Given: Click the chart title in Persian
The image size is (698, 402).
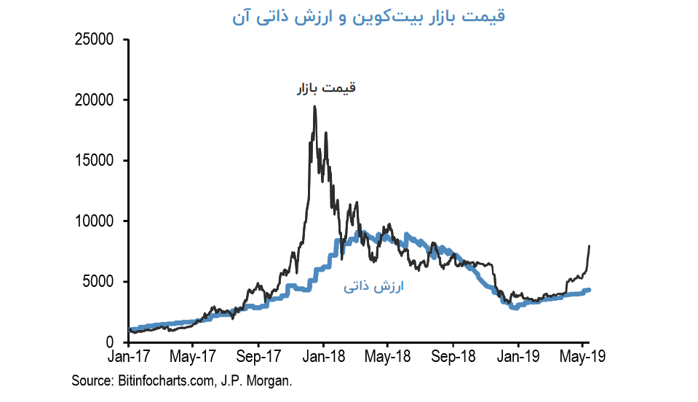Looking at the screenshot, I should coord(368,17).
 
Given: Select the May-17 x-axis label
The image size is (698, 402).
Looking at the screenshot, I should coord(192,357).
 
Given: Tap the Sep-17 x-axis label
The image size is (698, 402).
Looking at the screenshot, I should coord(258,357).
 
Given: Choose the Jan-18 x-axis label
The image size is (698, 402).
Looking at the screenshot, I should coord(323,357).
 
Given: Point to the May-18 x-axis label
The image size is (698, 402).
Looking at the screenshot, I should coord(387,357).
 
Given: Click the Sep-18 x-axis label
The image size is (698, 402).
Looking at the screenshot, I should coord(453,357).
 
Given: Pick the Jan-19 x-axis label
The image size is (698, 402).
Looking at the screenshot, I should coord(518,357).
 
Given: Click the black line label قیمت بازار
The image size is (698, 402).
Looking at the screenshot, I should coord(325,89).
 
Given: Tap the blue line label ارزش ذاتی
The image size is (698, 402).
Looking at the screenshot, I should coord(373,288).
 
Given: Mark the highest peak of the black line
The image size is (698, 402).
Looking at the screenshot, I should coord(314,106).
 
